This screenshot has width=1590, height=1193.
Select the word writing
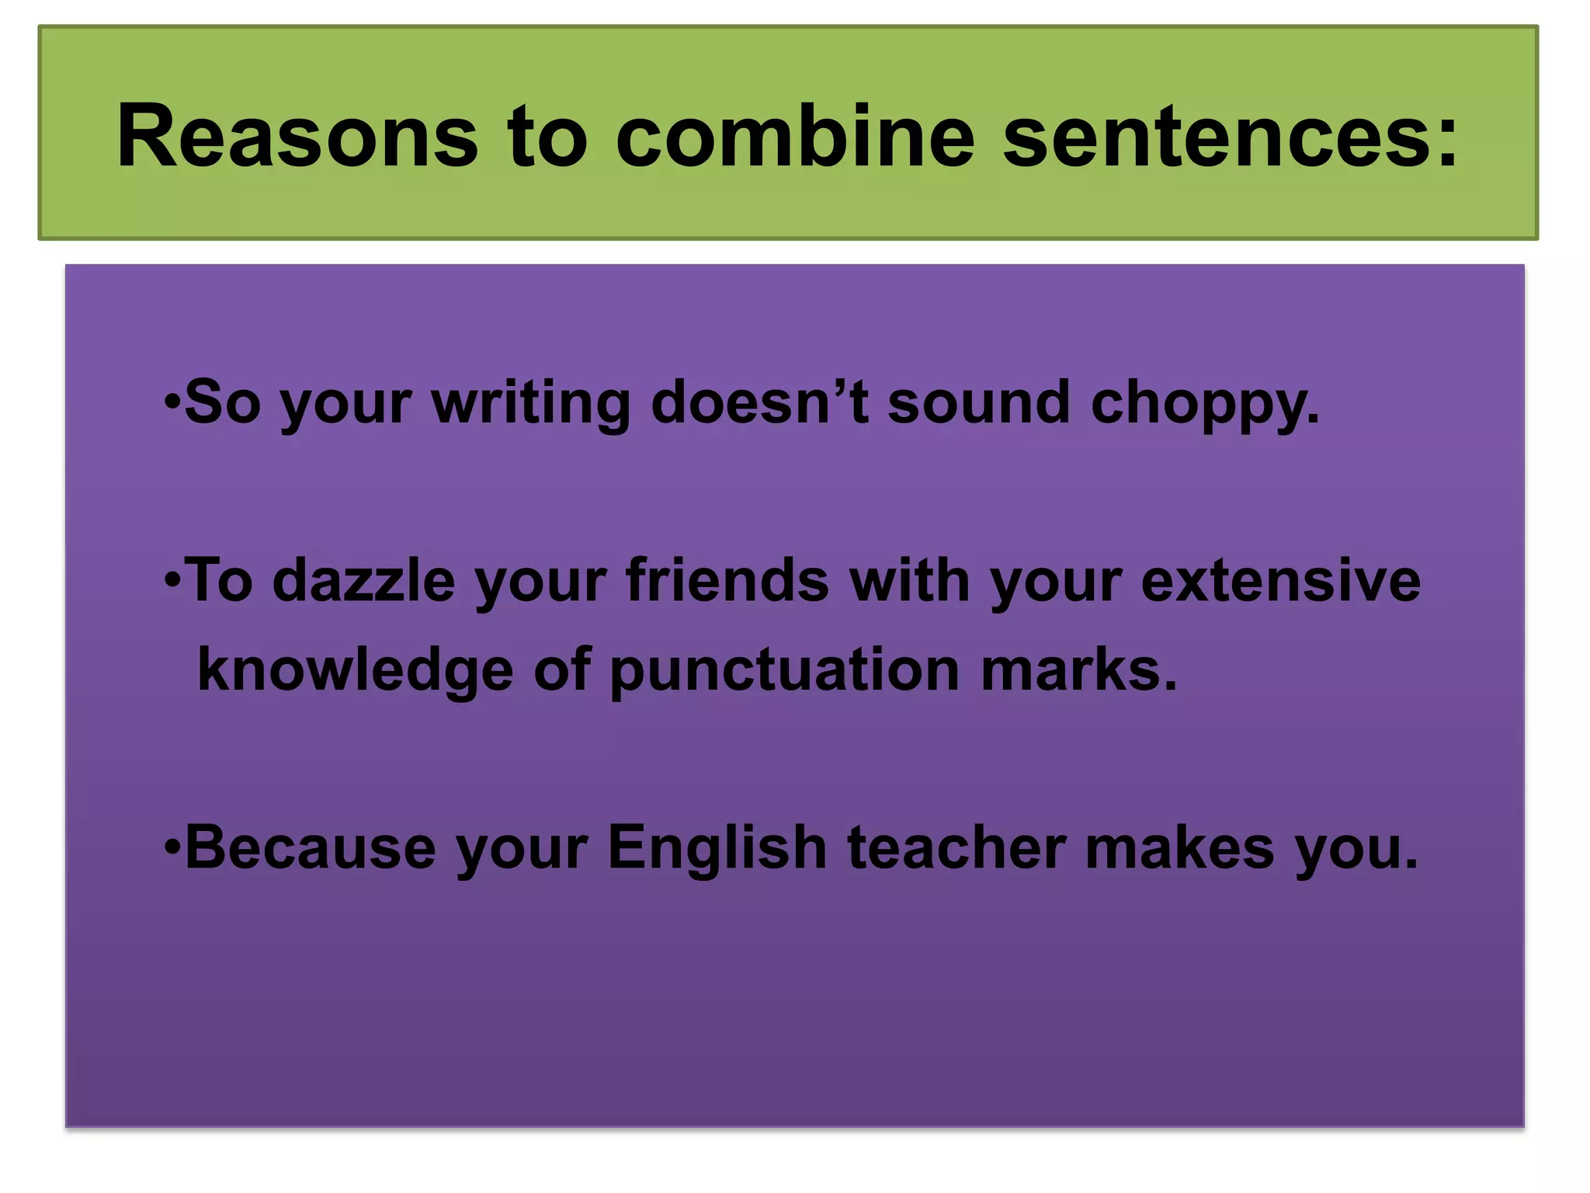click(x=531, y=404)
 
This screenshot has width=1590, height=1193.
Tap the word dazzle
click(x=363, y=580)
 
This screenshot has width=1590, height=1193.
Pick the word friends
click(x=727, y=580)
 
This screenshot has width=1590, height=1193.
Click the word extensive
click(x=1280, y=580)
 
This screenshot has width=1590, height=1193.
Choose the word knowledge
click(x=356, y=670)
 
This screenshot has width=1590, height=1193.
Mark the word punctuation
click(x=785, y=670)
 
